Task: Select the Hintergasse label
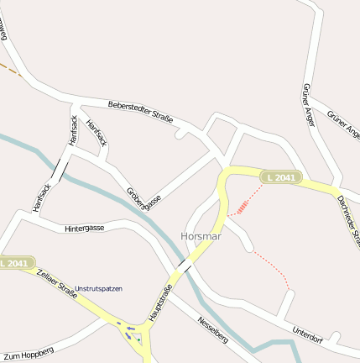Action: [85, 228]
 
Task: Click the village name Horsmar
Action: [201, 236]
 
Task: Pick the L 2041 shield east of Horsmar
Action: [279, 177]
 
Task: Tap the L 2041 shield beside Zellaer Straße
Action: [16, 263]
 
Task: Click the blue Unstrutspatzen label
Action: [98, 289]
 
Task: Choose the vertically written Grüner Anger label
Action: [307, 106]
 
